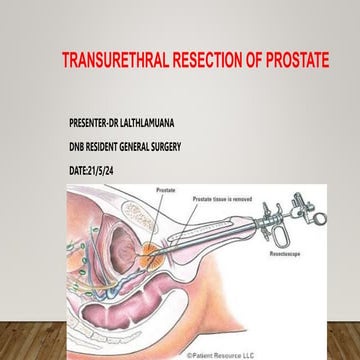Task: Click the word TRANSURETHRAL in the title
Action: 111,59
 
